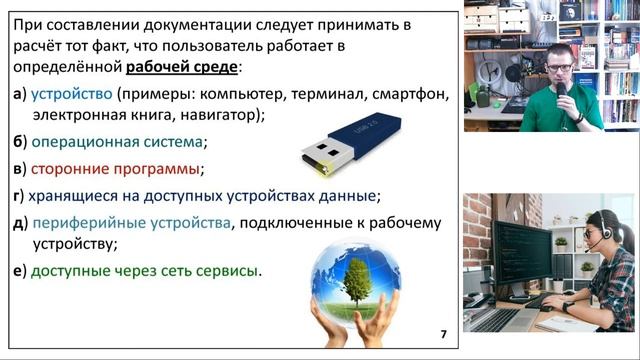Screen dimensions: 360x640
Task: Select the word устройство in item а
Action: pos(72,94)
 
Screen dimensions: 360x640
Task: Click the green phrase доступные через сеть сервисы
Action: pos(144,270)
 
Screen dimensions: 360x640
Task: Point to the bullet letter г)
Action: pos(19,195)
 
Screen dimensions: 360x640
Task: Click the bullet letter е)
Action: pos(19,270)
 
